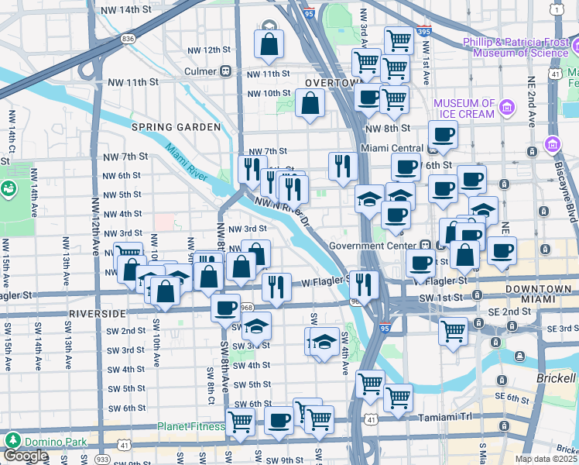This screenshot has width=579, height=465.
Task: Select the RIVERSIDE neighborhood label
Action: coord(97,314)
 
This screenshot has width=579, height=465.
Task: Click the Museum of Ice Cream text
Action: coord(464,108)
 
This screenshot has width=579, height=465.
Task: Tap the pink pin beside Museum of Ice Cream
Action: coord(507,106)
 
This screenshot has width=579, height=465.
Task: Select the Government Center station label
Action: coord(373,246)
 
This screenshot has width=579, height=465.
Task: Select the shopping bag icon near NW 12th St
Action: coord(269,46)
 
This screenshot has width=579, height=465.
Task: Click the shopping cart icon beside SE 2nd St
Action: coord(453,331)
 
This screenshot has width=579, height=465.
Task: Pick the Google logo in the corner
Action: coord(26,456)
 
